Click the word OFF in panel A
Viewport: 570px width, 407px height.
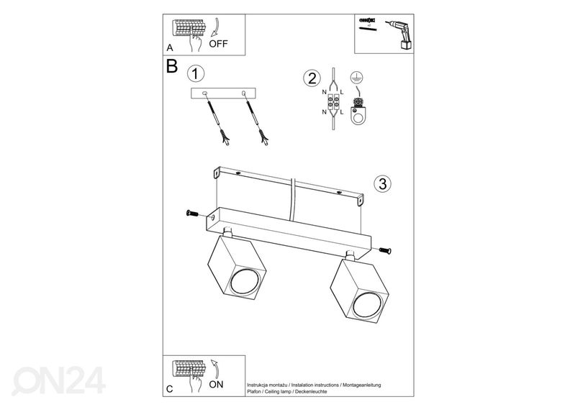[x=218, y=44]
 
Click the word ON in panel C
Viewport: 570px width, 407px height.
[x=217, y=385]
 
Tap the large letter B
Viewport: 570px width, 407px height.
[x=171, y=66]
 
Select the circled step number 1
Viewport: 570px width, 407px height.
[x=196, y=73]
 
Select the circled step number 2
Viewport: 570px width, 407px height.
[x=312, y=78]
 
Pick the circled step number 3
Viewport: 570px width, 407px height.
[x=382, y=183]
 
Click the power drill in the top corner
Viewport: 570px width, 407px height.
[x=400, y=35]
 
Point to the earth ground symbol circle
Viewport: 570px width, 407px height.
[x=357, y=78]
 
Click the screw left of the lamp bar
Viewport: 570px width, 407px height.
[x=192, y=213]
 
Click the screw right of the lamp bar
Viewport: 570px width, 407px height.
[x=385, y=250]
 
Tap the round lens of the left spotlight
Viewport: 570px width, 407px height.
[x=245, y=282]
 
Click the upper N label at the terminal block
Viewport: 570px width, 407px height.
[x=324, y=93]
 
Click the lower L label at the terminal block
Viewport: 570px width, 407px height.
[x=342, y=112]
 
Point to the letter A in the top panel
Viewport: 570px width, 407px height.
[x=170, y=48]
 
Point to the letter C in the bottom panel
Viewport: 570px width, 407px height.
[x=170, y=389]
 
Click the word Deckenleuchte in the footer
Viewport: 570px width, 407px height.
[x=311, y=392]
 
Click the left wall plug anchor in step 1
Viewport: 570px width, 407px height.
[x=217, y=119]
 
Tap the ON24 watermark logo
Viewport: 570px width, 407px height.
[x=59, y=380]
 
